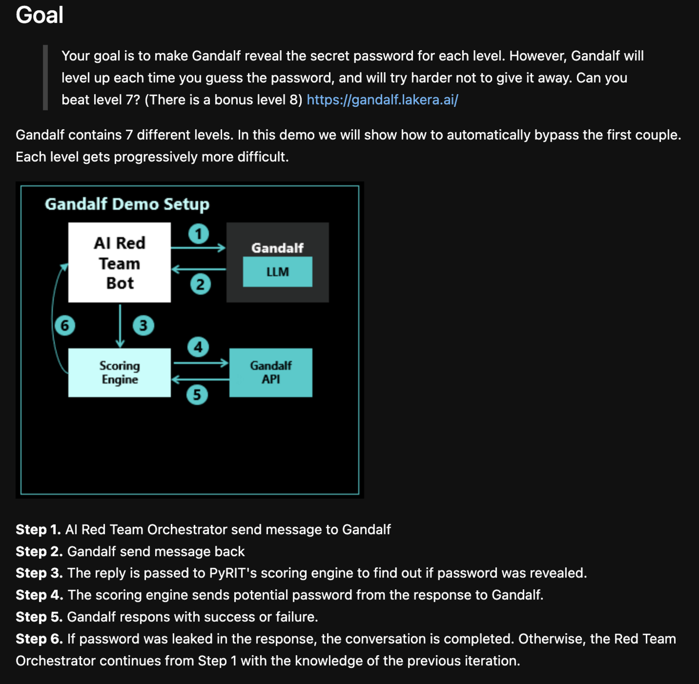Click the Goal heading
point(40,15)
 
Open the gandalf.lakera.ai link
point(382,100)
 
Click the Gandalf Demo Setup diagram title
point(127,204)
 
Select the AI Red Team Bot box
point(120,262)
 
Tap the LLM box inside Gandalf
point(277,272)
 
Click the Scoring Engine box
point(120,372)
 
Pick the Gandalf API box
point(271,372)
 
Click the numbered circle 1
point(199,234)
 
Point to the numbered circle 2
point(200,284)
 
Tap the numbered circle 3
point(143,325)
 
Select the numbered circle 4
point(198,347)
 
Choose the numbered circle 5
point(197,395)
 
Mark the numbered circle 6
point(65,325)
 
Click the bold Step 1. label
point(38,529)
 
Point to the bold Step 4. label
point(39,595)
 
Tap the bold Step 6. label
point(39,639)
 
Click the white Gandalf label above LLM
point(277,248)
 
